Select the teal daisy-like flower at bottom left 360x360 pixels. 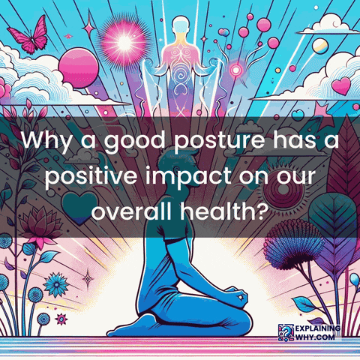click(55, 286)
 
